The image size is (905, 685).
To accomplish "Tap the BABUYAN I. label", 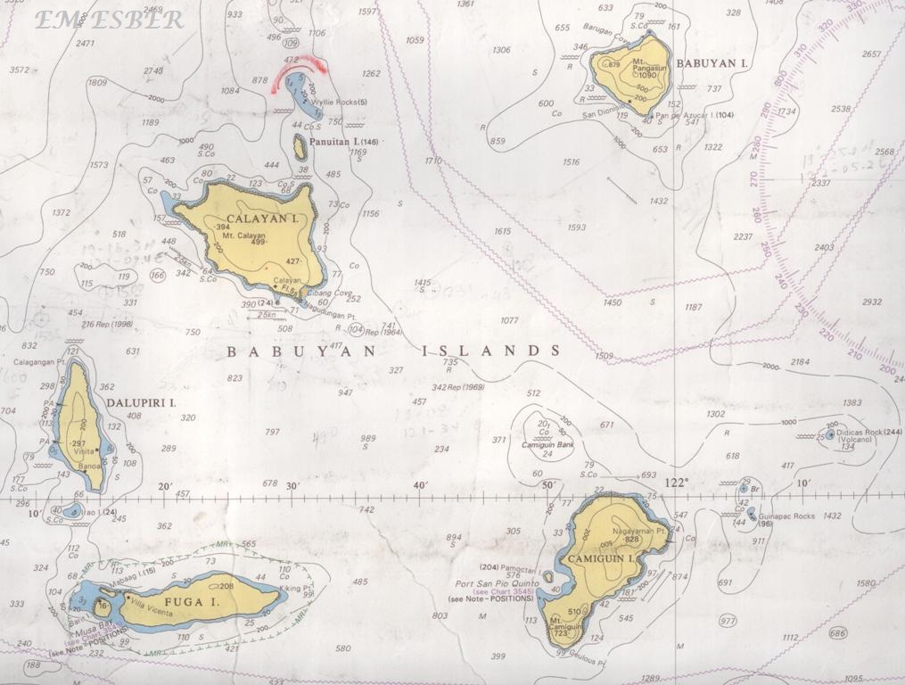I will coord(712,63).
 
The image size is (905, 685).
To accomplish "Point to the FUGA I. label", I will coord(190,603).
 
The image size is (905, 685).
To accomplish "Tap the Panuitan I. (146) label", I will coord(344,142).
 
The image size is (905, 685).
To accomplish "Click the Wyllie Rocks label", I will coord(339,103).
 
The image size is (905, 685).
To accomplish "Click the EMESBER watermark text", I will coord(109,20).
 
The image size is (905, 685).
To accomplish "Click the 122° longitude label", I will coord(678,483).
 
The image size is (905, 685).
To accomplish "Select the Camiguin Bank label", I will coord(544,444).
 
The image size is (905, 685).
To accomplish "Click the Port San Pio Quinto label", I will coord(493,584).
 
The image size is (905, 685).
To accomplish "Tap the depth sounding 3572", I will coord(20,70).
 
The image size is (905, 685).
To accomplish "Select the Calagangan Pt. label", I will coord(39,362).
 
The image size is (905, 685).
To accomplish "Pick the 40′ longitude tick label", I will coord(421,485).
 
